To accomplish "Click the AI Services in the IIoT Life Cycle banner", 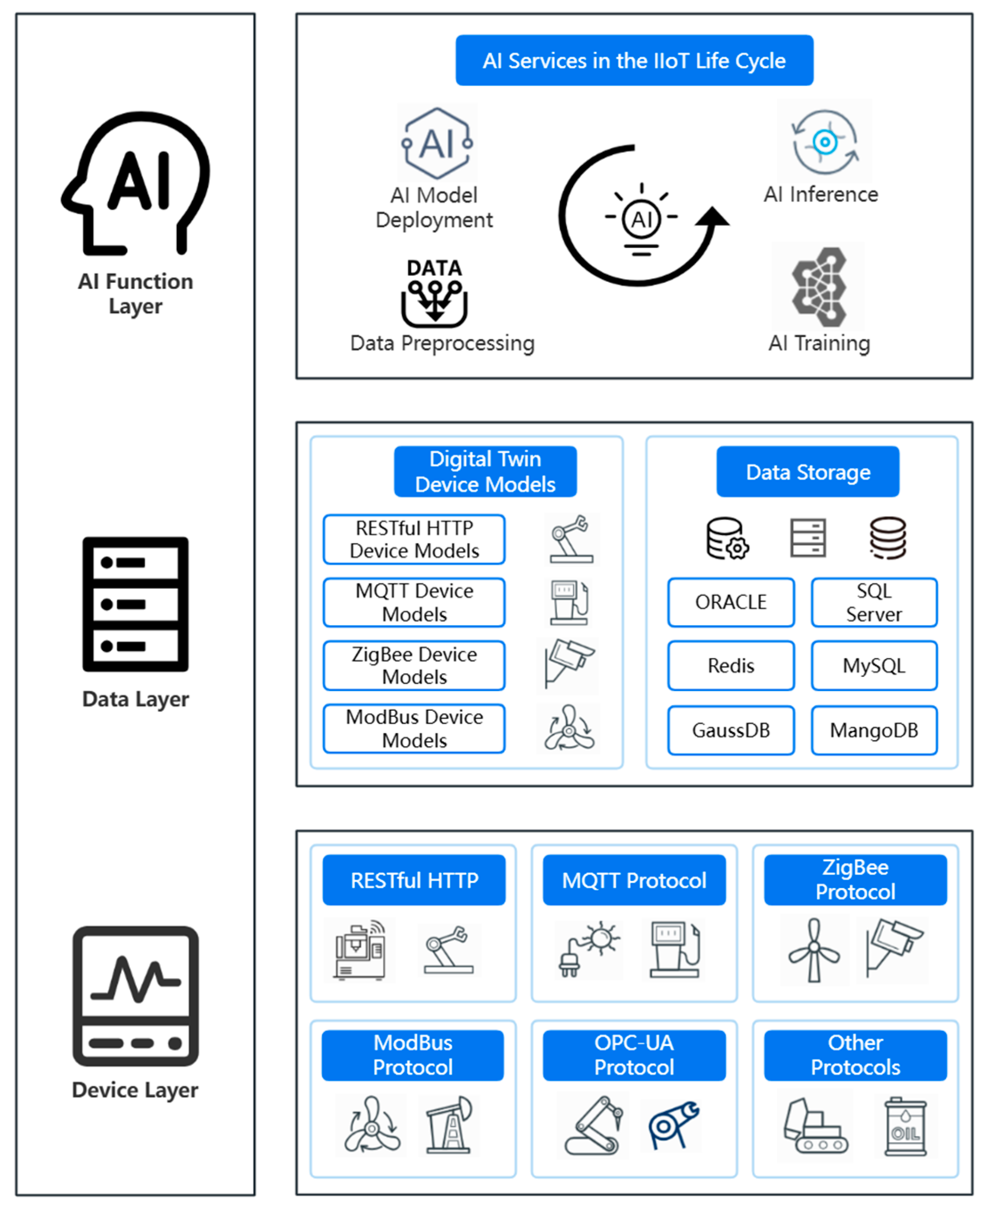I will click(634, 60).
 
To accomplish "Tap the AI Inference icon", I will click(825, 142).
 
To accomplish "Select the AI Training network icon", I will click(819, 287).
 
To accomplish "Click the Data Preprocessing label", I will click(442, 343).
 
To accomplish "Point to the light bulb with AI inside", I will click(641, 219).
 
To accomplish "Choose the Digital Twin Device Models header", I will click(485, 472).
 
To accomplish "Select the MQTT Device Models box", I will click(414, 602).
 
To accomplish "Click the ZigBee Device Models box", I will click(414, 665).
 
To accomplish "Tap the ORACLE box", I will click(730, 602).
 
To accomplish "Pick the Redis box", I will click(730, 665).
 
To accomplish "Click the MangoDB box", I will click(873, 730).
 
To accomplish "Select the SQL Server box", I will click(873, 602).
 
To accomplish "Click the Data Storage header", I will click(807, 472).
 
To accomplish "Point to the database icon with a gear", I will click(727, 538).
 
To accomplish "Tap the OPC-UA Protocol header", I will click(634, 1055).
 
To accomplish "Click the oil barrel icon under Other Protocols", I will click(905, 1126).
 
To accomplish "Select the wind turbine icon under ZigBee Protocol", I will click(814, 950).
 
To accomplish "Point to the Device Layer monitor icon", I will click(135, 995).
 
